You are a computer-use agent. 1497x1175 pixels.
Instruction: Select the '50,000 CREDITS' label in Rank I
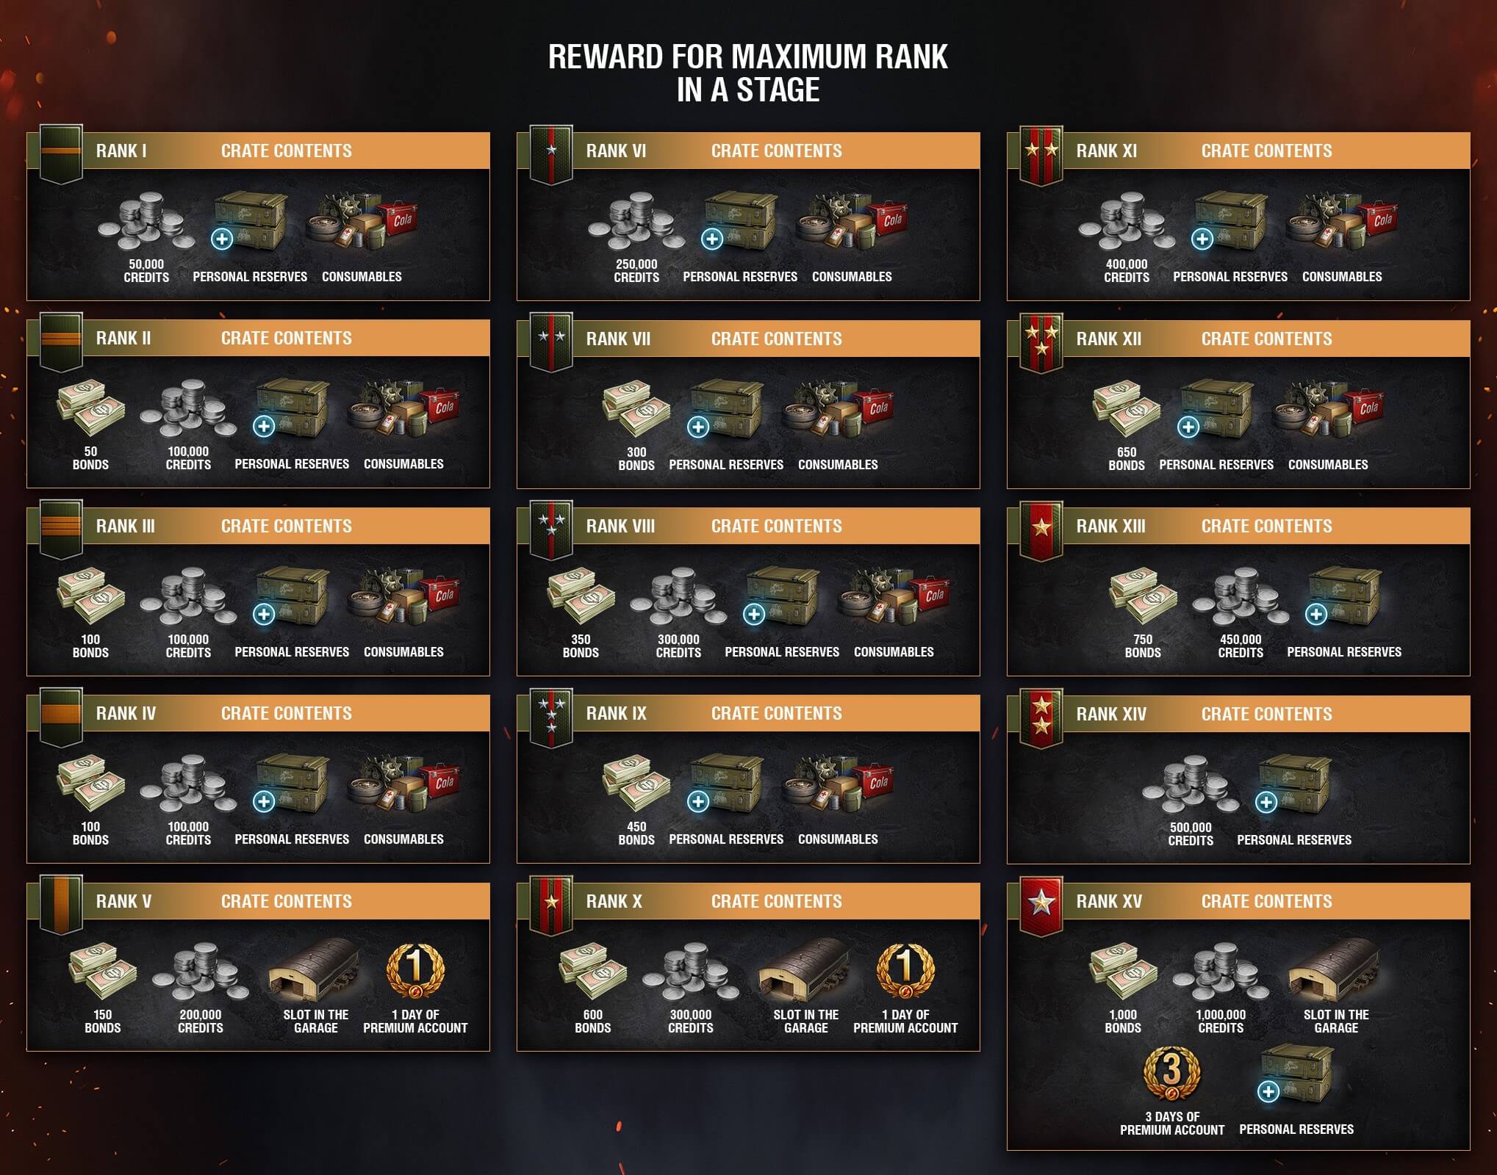coord(146,271)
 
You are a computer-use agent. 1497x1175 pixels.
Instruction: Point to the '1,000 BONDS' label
coord(1123,1022)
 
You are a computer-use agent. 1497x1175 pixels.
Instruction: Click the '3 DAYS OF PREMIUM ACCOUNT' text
coord(1172,1124)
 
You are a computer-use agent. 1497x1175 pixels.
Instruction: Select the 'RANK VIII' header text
coord(620,527)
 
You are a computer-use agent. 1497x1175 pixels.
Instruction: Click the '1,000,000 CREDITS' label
coord(1221,1022)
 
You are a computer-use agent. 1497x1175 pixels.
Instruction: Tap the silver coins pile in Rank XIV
coord(1191,787)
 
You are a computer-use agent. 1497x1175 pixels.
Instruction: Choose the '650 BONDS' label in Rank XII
coord(1127,459)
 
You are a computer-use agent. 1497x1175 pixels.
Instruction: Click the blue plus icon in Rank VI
coord(711,239)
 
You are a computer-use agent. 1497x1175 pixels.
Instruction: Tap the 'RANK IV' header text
coord(126,714)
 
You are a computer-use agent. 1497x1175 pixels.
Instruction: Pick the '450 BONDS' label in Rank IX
coord(636,834)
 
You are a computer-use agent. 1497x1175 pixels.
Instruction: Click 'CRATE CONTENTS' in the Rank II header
coord(287,339)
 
